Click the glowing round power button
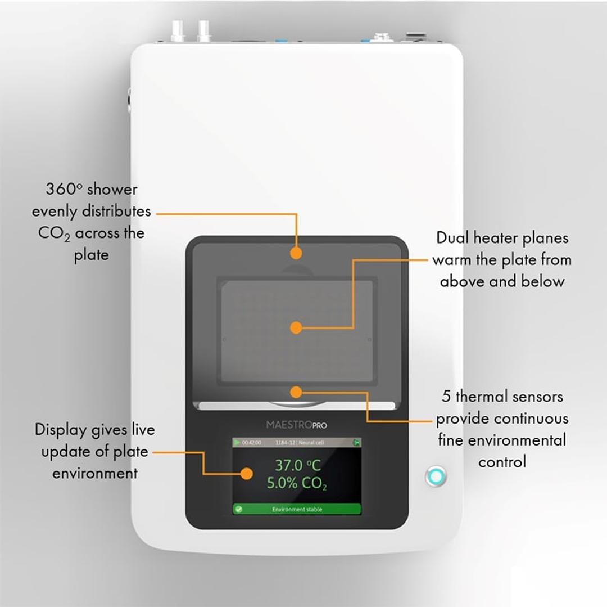coord(436,476)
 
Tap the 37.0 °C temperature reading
coord(297,465)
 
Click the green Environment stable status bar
coord(296,509)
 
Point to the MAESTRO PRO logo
coord(296,425)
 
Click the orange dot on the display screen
coord(246,474)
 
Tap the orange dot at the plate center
coord(296,327)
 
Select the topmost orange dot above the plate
coord(296,253)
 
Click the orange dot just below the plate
coord(296,392)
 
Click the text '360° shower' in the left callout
coord(91,189)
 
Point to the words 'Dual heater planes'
coord(502,238)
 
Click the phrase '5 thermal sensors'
coord(502,397)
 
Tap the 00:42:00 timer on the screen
coord(251,443)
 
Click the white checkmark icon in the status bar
coord(238,509)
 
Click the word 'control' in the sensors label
coord(502,462)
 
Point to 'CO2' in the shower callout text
coord(54,233)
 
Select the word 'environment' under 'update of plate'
coord(94,473)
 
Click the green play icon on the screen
coord(237,443)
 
